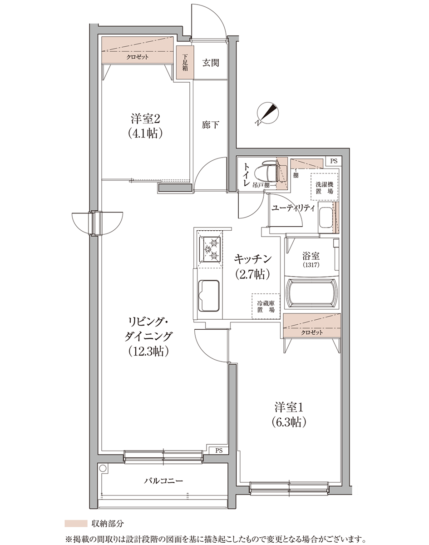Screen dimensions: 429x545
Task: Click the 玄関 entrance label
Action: [x=211, y=63]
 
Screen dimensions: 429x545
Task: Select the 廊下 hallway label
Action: [x=210, y=124]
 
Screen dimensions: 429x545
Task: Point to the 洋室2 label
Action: [x=145, y=119]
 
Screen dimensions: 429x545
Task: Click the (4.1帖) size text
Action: [x=145, y=134]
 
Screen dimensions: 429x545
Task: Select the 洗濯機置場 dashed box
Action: [x=325, y=187]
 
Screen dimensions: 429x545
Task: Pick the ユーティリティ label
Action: [x=293, y=208]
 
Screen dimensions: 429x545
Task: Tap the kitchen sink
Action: [x=208, y=295]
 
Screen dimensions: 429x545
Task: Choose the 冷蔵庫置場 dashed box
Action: [x=266, y=306]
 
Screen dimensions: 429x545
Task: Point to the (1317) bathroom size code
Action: [x=311, y=265]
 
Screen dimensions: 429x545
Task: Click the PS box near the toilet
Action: [x=334, y=161]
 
